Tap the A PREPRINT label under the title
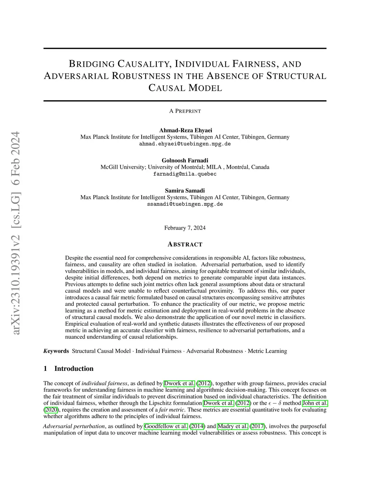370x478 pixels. pos(185,111)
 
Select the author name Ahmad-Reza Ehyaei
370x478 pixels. pos(185,130)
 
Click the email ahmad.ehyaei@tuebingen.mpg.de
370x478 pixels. pos(185,144)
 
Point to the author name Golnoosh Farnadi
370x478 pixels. pos(185,160)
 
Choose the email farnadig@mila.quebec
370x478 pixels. pos(185,174)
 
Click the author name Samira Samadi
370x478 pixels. pos(185,190)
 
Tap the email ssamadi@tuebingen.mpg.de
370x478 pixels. pos(185,204)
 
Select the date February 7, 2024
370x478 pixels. pos(185,228)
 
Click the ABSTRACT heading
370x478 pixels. pos(185,245)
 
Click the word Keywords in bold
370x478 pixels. pos(56,351)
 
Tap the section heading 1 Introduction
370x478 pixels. pos(68,368)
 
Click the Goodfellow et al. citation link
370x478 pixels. pos(166,426)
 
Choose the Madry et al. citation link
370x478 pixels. pos(232,426)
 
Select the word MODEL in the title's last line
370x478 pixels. pos(205,88)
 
